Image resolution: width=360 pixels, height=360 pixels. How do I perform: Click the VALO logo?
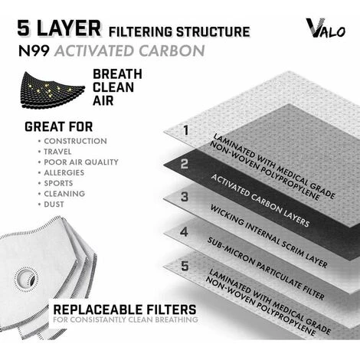point(326,28)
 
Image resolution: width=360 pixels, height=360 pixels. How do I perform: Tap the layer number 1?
point(186,130)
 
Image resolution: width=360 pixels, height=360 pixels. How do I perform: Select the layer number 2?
point(185,164)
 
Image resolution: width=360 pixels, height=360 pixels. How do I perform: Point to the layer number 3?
point(185,197)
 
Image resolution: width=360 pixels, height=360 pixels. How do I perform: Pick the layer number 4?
point(184,232)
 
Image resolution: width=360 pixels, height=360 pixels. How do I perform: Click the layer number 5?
point(185,266)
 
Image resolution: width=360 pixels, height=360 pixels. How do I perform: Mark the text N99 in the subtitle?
point(34,51)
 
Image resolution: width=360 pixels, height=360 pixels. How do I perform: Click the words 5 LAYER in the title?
point(59,28)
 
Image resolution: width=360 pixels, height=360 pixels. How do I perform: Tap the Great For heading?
point(59,127)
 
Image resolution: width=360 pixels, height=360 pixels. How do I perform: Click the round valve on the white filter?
point(27,280)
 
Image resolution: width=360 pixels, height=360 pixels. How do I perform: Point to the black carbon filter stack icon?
point(53,90)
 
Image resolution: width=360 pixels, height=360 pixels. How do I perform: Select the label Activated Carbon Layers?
point(260,201)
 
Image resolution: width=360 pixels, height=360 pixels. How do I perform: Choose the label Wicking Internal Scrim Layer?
point(269,236)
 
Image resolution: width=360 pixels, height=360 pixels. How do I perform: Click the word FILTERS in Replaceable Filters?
point(172,309)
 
